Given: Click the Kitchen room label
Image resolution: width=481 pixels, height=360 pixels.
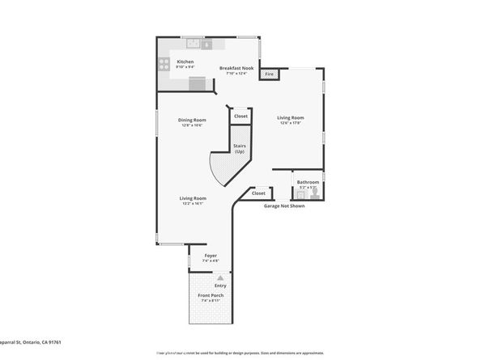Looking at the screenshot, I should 185,61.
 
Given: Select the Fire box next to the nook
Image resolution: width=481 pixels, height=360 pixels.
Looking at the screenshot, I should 270,74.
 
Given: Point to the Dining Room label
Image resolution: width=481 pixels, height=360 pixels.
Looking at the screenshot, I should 192,121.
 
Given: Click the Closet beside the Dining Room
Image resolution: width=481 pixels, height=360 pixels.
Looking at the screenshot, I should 240,116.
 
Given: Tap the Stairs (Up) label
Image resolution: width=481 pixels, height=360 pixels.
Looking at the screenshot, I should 240,149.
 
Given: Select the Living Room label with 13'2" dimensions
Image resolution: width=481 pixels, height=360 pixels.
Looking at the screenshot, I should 193,198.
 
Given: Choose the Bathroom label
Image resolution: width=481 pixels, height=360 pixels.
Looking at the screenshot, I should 308,182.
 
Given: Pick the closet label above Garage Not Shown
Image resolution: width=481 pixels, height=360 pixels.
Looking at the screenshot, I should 258,193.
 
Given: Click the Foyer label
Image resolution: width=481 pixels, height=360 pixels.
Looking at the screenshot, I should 210,256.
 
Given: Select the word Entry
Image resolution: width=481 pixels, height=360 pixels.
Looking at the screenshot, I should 220,286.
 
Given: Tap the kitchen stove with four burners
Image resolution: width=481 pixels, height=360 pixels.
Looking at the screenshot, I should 164,63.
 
